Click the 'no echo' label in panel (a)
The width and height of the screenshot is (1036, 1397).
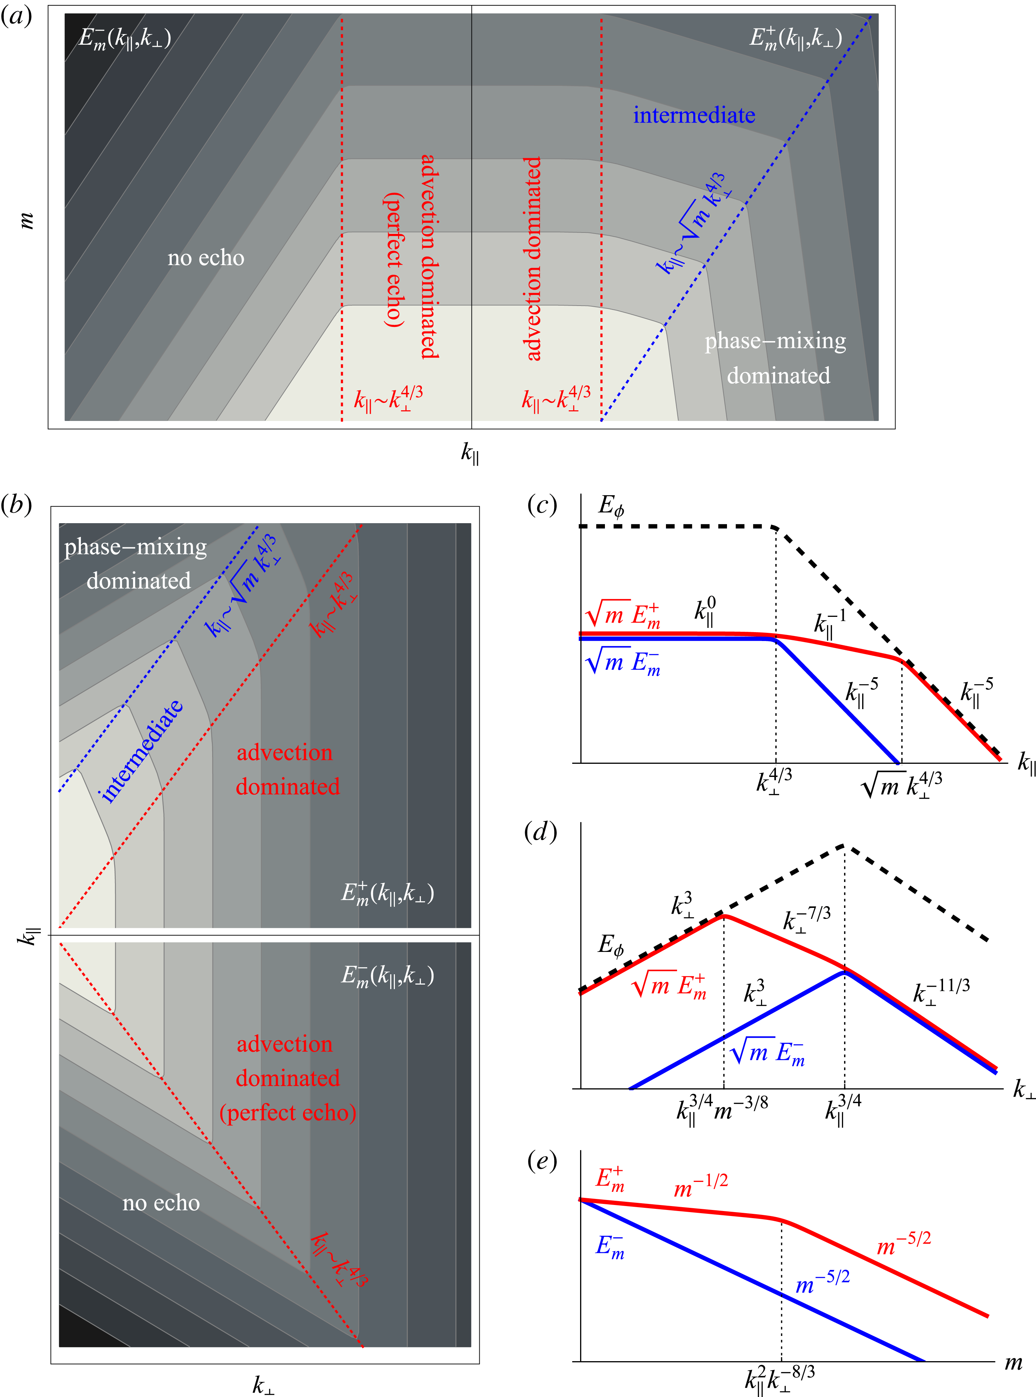(x=206, y=258)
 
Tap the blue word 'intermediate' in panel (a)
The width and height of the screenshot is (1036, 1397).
(x=694, y=115)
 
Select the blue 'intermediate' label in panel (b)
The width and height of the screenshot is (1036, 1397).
(x=142, y=751)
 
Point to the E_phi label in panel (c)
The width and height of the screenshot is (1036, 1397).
(x=611, y=506)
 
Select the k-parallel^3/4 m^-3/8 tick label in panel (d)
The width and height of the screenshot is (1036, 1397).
(x=722, y=1110)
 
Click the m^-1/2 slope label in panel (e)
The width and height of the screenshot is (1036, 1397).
(x=700, y=1185)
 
